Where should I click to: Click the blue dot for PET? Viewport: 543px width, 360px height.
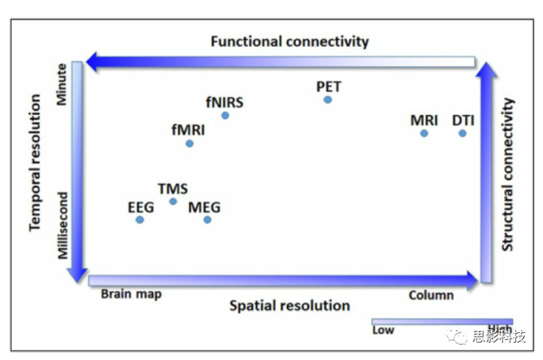[328, 99]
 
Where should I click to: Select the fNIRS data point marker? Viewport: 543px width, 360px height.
[225, 115]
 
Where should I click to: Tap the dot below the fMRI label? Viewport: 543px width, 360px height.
[189, 143]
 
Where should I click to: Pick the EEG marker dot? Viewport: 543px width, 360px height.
[139, 219]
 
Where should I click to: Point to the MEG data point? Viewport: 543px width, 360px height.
[207, 219]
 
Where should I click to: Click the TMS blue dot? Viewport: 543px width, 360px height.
[173, 201]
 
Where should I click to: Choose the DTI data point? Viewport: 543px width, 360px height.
[462, 133]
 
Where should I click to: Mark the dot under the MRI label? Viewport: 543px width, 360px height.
[424, 133]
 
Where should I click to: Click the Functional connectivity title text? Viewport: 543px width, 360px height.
[290, 42]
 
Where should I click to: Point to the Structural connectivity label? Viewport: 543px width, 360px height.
[508, 175]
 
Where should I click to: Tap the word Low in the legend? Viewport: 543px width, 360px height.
[383, 330]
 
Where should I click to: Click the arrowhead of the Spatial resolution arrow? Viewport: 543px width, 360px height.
[471, 279]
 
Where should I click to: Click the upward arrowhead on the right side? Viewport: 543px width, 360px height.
[486, 71]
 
